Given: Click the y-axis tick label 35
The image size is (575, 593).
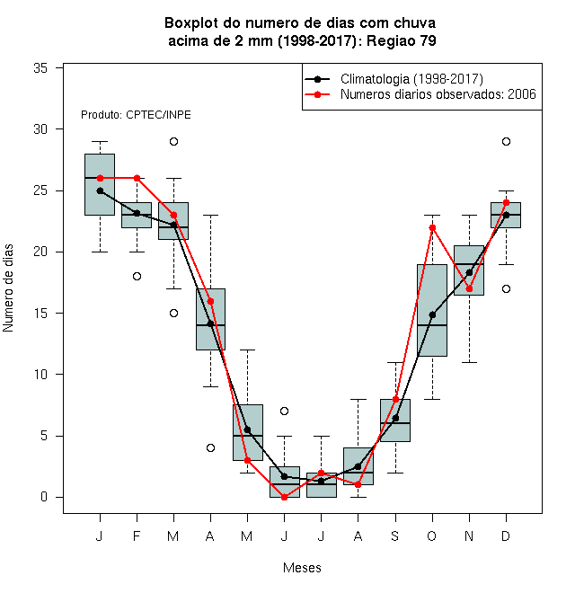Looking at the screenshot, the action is pos(40,68).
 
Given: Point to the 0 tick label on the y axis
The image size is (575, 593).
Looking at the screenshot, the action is pos(44,497).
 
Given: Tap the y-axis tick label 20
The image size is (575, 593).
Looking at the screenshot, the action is pos(40,252).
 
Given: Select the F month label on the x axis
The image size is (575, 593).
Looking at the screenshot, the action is pos(137,535).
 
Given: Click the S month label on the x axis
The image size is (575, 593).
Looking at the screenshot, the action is pos(395,535).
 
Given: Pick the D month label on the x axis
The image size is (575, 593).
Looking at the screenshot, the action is pos(506,535).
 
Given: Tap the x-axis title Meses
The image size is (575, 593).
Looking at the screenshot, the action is pos(302,568).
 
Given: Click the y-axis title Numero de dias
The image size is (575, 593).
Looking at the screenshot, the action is pos(8,288).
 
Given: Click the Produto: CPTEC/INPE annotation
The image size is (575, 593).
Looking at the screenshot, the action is pos(136,115).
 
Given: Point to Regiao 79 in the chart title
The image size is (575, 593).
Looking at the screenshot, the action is pos(402,40).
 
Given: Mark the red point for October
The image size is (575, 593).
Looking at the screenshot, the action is pos(432,227).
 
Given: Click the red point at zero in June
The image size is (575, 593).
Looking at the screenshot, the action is pos(285,497).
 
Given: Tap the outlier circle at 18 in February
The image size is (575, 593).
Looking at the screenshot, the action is pos(137,277).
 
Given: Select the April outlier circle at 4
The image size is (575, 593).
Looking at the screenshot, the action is pos(211,447).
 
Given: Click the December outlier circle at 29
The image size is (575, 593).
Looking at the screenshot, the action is pos(506,141).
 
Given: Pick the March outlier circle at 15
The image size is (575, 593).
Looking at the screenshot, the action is pos(173,314).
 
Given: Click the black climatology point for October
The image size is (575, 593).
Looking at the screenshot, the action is pos(432,314).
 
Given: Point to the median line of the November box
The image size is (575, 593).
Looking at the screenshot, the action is pos(469,264).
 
